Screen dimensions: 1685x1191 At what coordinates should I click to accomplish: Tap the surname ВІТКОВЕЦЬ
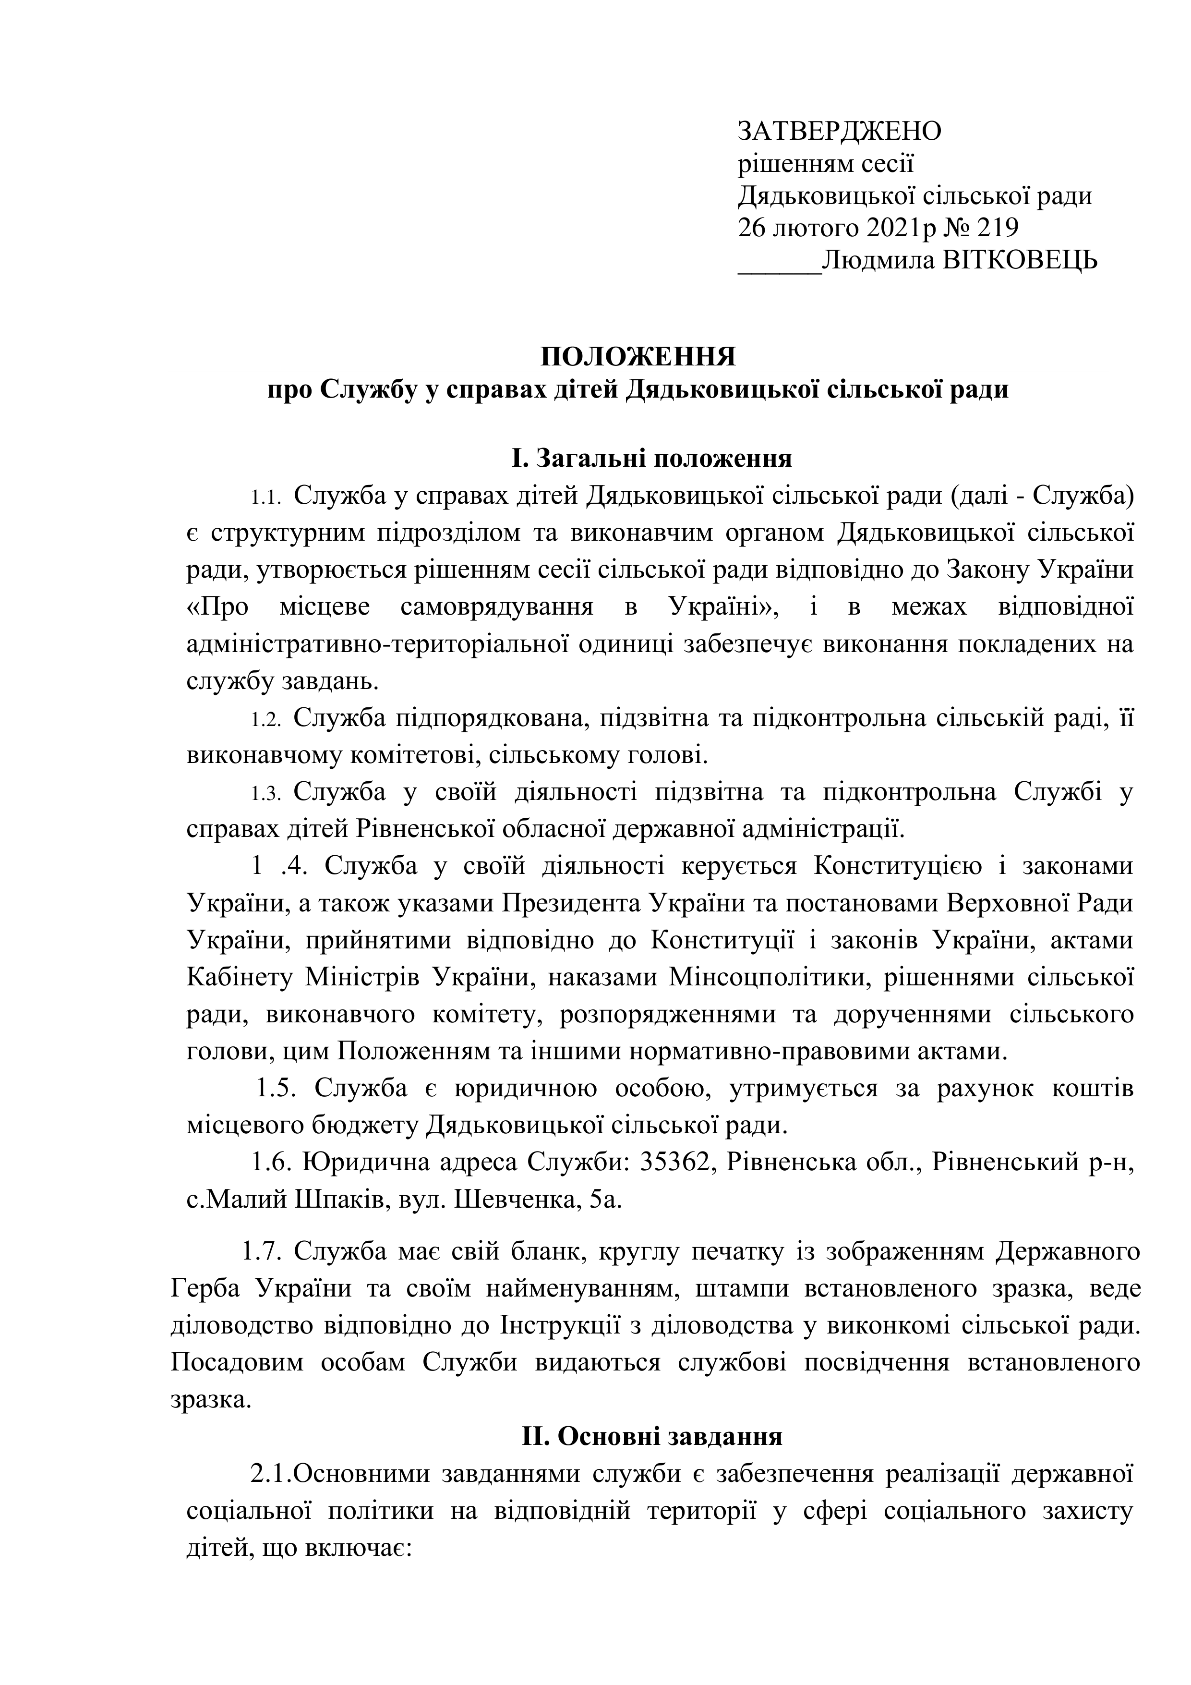(1020, 261)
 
